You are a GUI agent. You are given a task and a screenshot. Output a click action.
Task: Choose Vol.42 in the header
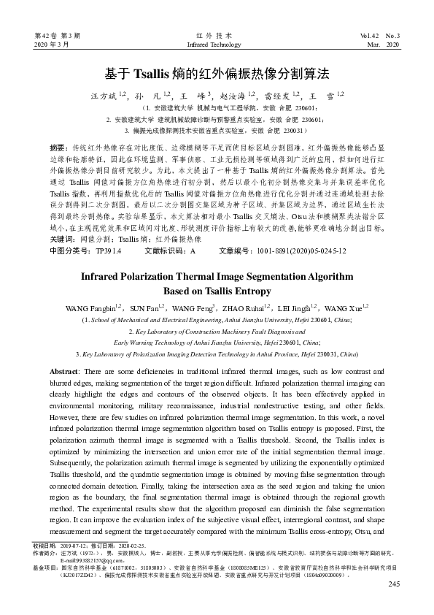point(371,36)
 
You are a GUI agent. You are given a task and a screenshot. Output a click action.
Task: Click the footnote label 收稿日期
point(46,545)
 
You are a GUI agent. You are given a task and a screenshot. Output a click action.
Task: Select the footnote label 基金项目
point(46,567)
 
